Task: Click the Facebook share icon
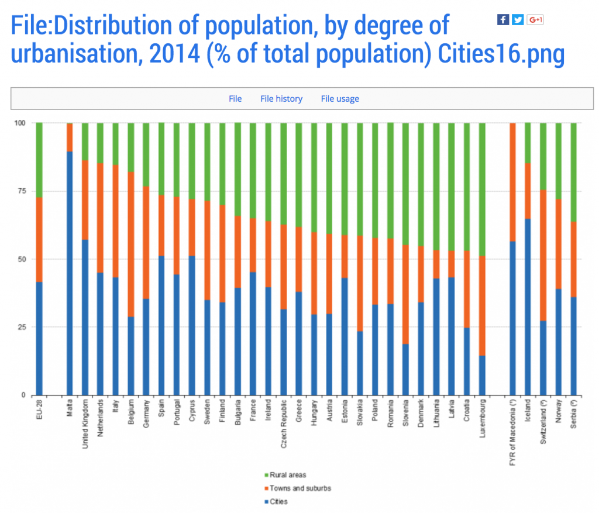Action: [503, 19]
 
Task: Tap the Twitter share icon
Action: [518, 19]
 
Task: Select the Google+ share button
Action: [535, 19]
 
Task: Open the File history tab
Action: [281, 99]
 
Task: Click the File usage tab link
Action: [340, 99]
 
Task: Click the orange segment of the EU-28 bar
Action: [39, 239]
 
